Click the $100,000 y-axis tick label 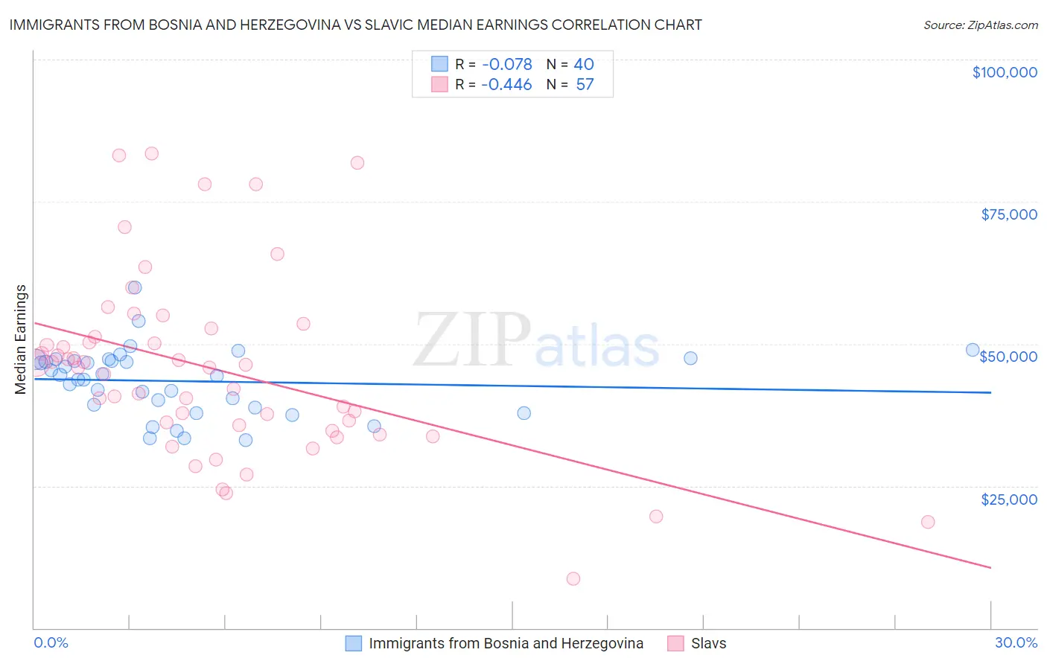point(1005,72)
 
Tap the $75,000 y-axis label point(1009,214)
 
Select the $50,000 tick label point(1008,357)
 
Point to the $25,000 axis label point(1009,499)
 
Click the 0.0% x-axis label point(51,642)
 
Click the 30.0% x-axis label point(1016,642)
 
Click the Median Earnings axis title point(21,339)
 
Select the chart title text point(355,25)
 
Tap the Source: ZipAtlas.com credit point(980,25)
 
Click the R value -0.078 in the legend point(506,64)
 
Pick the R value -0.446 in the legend point(506,84)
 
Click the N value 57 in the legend point(585,84)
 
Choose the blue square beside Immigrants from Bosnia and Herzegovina point(354,643)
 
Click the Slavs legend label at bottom point(708,643)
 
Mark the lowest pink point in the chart point(573,578)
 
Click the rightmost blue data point point(972,350)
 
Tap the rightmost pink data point point(927,522)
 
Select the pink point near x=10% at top point(357,163)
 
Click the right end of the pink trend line point(990,568)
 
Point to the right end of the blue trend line point(990,392)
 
